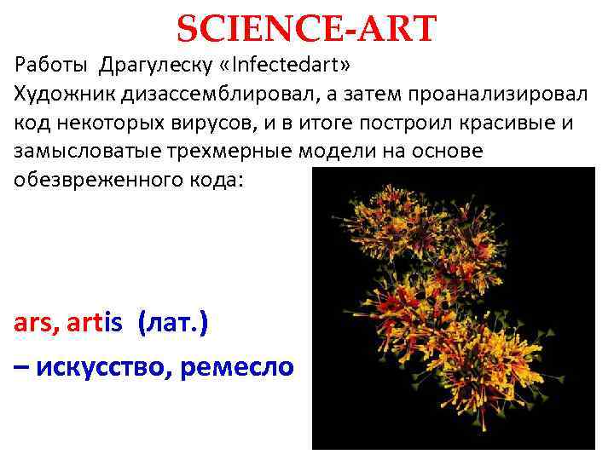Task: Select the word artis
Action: [95, 324]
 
